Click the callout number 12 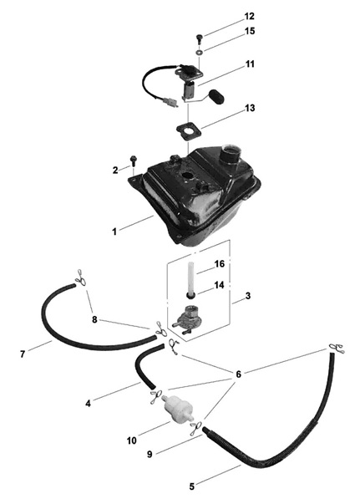(250, 16)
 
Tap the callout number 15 (250, 31)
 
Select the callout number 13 (250, 108)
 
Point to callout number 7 (23, 354)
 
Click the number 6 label (238, 374)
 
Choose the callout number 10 (131, 440)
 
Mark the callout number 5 (192, 486)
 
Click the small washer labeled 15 (199, 51)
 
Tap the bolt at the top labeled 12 (199, 38)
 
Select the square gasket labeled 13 (190, 131)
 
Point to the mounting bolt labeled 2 (133, 161)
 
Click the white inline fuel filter (178, 406)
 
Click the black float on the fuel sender (216, 96)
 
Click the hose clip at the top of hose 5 (337, 349)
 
